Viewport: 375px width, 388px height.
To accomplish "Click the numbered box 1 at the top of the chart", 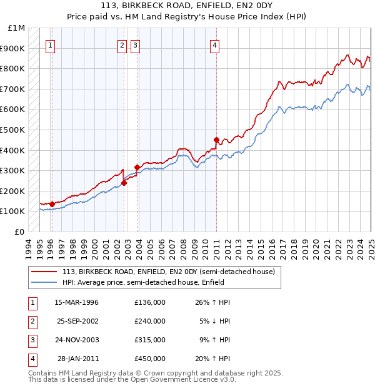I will [50, 44].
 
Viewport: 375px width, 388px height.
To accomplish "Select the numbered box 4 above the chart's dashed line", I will [214, 44].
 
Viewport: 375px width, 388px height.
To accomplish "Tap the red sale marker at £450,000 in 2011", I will [216, 140].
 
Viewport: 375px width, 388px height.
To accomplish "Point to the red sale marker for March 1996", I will [52, 204].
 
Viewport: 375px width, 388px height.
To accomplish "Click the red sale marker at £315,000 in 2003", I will [137, 167].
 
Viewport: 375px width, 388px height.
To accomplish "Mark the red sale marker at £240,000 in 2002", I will [124, 183].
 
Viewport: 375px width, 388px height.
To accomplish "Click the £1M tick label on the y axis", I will [17, 28].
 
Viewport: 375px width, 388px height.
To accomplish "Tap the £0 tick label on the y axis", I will [20, 232].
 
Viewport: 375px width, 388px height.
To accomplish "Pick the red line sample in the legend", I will [45, 272].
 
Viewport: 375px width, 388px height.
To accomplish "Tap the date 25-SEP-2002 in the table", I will [79, 321].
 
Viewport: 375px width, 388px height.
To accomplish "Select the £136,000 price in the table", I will [150, 302].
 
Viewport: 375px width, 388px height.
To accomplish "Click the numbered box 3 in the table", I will [31, 340].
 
